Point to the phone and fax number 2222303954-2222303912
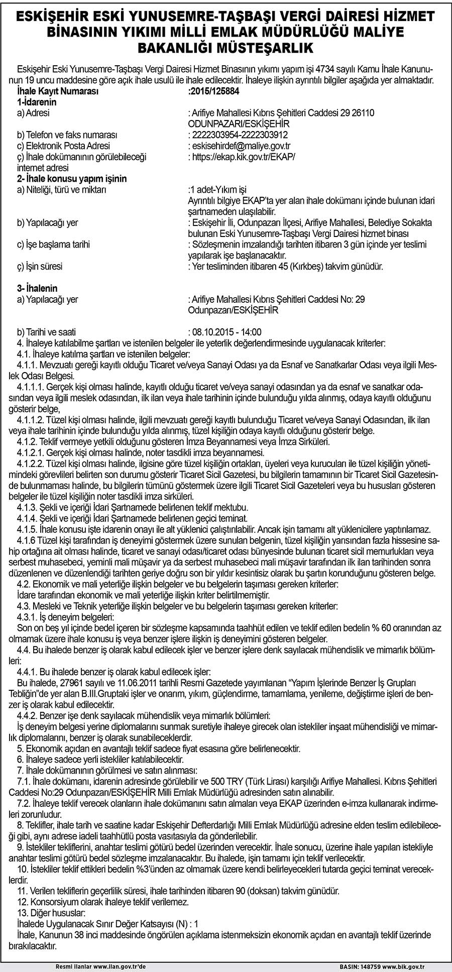pos(239,135)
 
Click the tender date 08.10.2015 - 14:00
pos(225,332)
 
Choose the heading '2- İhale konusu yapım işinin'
pos(72,178)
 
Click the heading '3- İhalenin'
pos(37,288)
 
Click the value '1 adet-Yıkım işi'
pos(218,189)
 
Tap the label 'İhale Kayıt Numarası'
pos(57,91)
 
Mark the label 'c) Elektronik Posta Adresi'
pos(63,146)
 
